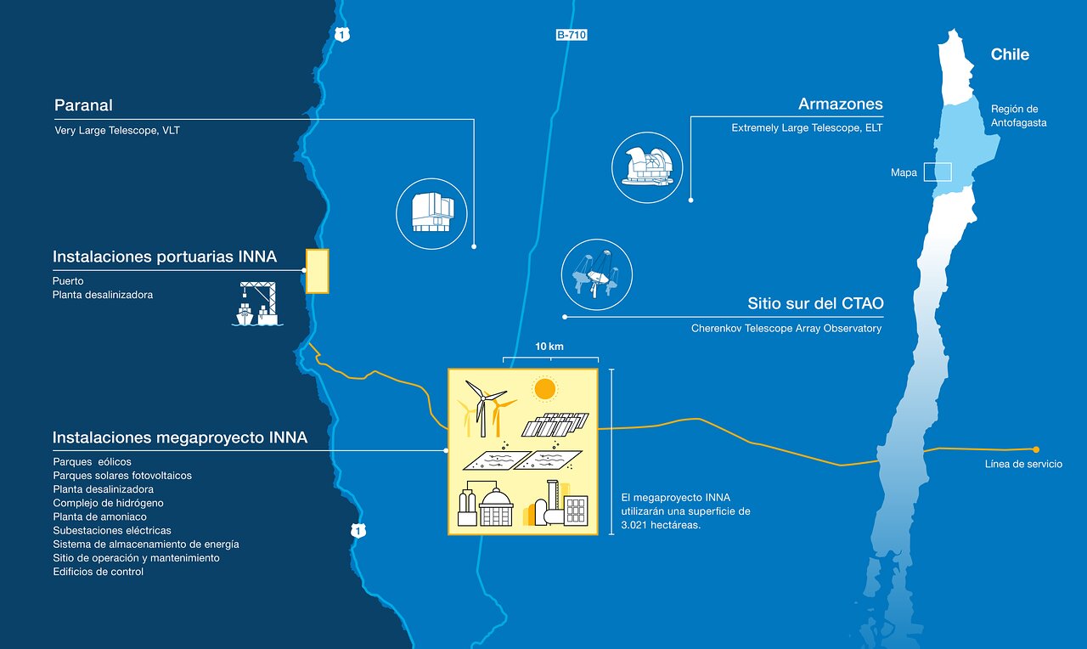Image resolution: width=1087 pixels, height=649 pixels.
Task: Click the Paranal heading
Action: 83,105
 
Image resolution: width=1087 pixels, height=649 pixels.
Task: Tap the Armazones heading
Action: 840,104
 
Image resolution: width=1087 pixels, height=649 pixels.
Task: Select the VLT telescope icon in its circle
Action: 431,214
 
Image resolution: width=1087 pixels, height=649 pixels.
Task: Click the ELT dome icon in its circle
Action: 647,167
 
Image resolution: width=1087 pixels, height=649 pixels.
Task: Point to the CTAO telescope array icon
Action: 596,274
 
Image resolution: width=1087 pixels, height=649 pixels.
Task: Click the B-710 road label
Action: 572,35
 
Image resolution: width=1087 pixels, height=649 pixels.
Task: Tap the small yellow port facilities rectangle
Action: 317,271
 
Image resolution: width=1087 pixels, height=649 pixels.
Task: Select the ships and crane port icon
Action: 257,305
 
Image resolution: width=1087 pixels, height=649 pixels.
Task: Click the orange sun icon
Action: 543,390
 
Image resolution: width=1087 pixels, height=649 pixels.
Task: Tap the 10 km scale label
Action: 549,347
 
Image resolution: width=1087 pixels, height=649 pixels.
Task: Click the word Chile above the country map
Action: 1010,54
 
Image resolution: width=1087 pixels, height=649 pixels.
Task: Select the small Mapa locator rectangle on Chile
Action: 938,172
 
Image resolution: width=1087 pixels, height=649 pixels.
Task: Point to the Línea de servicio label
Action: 1023,464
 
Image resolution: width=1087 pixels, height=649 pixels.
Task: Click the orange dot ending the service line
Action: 1036,449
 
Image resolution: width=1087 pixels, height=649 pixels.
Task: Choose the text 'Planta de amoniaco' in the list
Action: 99,516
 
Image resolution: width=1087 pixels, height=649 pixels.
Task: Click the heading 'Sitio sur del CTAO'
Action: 815,303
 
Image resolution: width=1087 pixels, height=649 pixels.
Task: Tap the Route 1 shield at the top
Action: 341,35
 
